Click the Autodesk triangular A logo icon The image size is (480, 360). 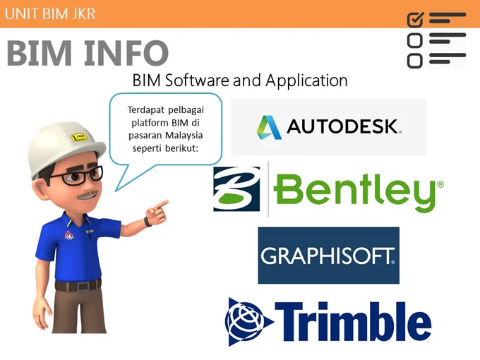click(268, 127)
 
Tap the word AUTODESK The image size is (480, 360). click(344, 126)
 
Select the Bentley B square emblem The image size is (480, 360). click(236, 189)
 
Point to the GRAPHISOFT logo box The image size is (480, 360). click(328, 256)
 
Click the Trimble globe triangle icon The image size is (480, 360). click(248, 322)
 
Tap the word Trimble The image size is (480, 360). click(353, 321)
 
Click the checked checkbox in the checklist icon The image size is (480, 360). click(415, 20)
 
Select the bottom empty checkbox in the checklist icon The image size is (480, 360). click(415, 60)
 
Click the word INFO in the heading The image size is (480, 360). click(126, 53)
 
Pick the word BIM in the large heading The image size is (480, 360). click(40, 53)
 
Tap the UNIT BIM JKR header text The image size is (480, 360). click(50, 14)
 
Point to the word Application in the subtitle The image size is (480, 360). click(306, 81)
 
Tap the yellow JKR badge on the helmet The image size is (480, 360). click(80, 136)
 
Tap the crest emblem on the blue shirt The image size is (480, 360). click(69, 235)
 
